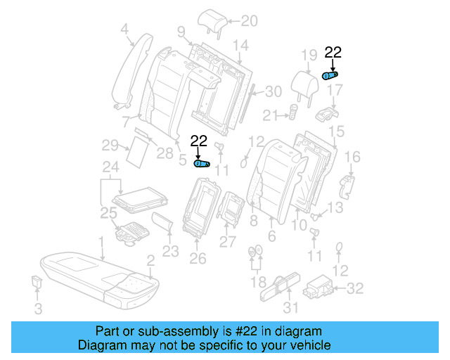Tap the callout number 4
pos(124,29)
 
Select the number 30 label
pos(273,91)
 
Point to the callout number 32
pos(356,287)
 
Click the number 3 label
pos(39,308)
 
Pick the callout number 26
pos(198,259)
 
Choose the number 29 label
pos(108,146)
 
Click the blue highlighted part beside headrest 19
pos(329,75)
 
